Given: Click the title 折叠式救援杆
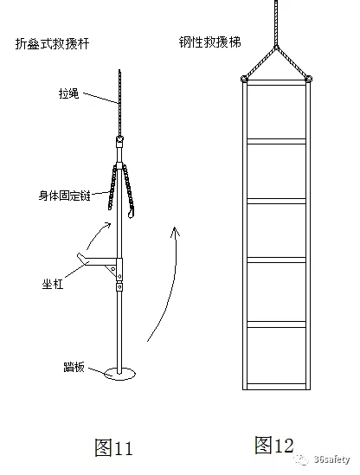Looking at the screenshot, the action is pos(52,43).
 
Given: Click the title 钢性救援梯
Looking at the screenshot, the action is pos(209,42).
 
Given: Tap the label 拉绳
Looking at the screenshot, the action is pos(68,93).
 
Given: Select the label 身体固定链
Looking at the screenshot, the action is pos(65,196).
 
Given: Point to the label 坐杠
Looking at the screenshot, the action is pos(53,284).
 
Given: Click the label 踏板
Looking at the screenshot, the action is pos(74,367).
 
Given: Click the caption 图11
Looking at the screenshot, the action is pos(113,447).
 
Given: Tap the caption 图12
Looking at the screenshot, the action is pos(274,445).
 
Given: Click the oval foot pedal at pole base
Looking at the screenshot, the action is pos(119,374).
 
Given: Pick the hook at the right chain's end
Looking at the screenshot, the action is pos(132,212).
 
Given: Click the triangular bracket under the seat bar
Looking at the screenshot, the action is pos(112,269).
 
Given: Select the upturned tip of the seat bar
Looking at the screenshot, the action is pos(80,257).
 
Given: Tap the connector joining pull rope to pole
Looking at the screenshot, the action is pos(120,141).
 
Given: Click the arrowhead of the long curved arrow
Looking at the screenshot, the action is pos(175,231).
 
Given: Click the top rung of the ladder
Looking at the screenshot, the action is pos(276,83).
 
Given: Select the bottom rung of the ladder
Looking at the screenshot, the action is pos(276,387).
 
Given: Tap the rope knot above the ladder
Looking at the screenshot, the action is pos(276,47).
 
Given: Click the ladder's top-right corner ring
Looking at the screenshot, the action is pos(309,79).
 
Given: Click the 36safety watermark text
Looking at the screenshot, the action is pos(331,459).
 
